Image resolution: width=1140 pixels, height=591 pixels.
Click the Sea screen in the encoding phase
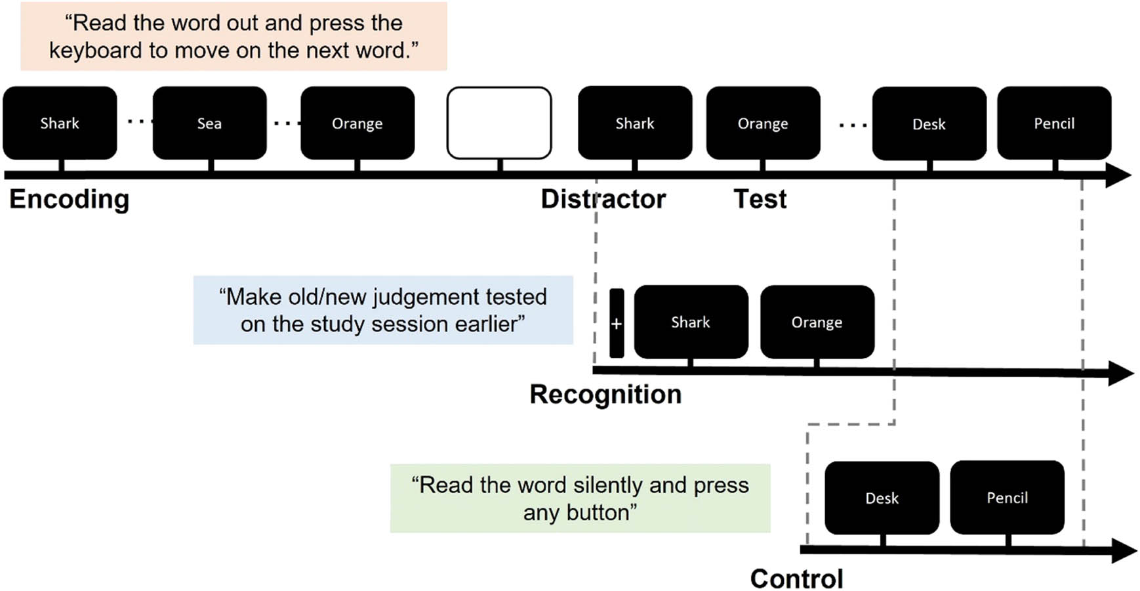[x=209, y=123]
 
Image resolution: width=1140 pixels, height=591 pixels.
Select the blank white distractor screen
[x=499, y=123]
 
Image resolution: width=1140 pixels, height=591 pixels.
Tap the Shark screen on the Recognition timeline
[x=691, y=322]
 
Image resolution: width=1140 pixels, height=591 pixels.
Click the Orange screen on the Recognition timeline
[x=817, y=322]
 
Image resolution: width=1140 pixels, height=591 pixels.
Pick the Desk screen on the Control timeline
[x=882, y=498]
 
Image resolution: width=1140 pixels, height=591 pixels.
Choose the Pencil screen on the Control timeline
[x=1007, y=497]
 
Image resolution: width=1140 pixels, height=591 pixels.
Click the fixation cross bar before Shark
[x=617, y=323]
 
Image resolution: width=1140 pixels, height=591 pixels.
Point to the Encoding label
[x=69, y=199]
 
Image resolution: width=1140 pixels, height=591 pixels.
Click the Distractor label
[x=603, y=199]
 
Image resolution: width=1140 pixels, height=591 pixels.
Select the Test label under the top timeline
[x=760, y=199]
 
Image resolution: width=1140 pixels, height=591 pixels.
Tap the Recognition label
[x=605, y=394]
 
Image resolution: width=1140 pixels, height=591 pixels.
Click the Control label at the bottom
[x=796, y=579]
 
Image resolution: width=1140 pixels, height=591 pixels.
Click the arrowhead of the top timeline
[x=1118, y=175]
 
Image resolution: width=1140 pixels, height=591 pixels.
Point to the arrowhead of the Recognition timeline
[x=1120, y=373]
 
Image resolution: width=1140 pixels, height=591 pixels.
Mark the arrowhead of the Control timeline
[x=1123, y=550]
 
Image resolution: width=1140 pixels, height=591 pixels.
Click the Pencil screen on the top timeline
[x=1054, y=123]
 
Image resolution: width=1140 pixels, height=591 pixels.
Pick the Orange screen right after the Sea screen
[x=357, y=123]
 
